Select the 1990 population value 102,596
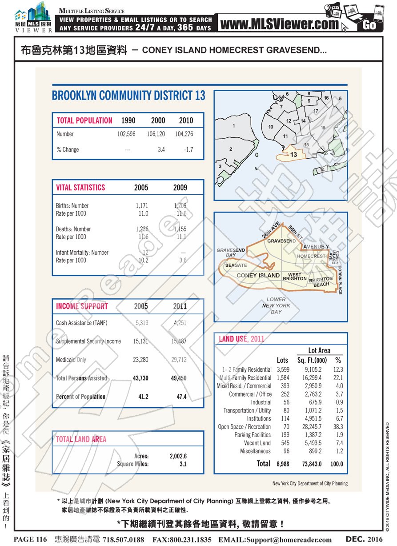(x=126, y=134)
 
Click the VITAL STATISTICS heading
(x=80, y=188)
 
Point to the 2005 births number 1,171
(x=141, y=206)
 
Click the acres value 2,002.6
(x=178, y=456)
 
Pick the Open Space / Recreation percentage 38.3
(x=338, y=427)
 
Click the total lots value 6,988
(x=283, y=464)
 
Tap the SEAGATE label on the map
(x=236, y=265)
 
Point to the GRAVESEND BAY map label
(x=230, y=253)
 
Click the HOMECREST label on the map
(x=311, y=257)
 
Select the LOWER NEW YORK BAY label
(x=276, y=305)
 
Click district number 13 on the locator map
(x=293, y=155)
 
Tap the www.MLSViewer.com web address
(x=279, y=24)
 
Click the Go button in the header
(x=369, y=25)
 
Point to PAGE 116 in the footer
(x=30, y=539)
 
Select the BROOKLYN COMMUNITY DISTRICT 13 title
(x=128, y=96)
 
